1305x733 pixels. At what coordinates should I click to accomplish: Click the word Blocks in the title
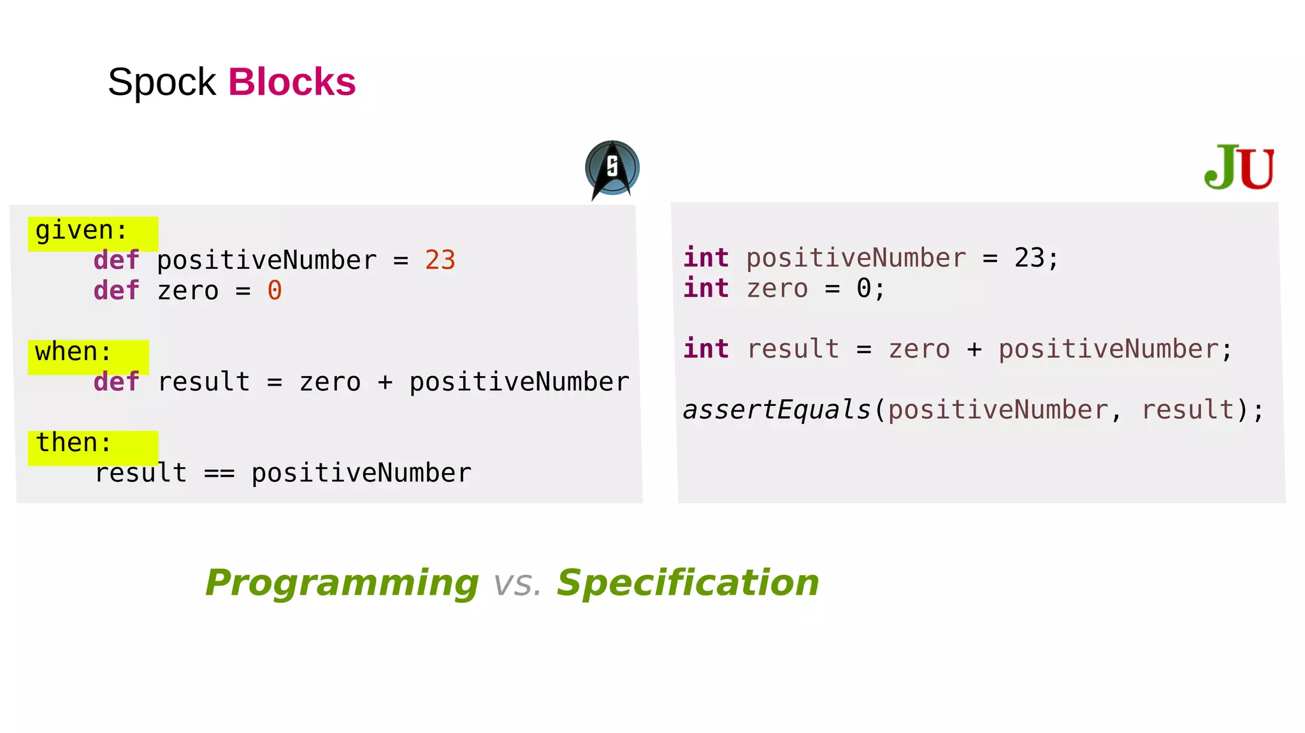(x=292, y=82)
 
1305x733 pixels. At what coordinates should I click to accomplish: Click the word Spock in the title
(x=162, y=82)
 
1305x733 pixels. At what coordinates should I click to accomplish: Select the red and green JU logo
(x=1239, y=168)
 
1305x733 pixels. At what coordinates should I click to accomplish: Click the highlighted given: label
(x=82, y=231)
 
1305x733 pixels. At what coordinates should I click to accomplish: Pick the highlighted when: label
(x=74, y=352)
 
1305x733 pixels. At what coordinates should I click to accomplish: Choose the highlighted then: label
(x=74, y=443)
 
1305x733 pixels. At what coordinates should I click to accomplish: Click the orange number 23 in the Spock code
(x=440, y=261)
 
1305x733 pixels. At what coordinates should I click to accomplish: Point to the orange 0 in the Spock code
(x=275, y=291)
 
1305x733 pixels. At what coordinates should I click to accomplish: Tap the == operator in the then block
(x=219, y=474)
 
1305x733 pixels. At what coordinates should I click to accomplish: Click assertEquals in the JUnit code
(x=777, y=410)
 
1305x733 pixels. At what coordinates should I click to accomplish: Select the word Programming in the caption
(x=342, y=583)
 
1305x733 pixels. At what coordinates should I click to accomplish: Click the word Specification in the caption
(x=688, y=583)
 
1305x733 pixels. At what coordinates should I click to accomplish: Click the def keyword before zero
(x=117, y=291)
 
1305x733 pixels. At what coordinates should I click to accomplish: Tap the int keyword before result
(x=706, y=349)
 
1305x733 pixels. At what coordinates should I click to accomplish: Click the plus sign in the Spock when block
(x=385, y=382)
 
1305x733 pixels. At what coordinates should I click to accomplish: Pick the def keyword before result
(x=117, y=382)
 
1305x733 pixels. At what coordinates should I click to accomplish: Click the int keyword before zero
(x=706, y=289)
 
